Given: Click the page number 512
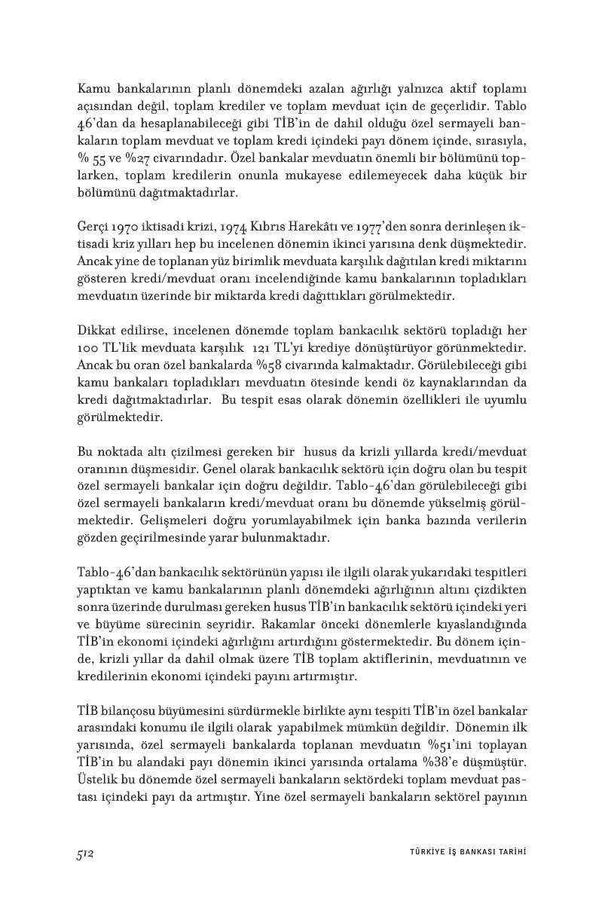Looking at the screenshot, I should (x=84, y=852).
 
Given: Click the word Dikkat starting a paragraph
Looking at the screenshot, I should (x=95, y=333).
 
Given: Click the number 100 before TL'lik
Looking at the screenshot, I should (x=90, y=350).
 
